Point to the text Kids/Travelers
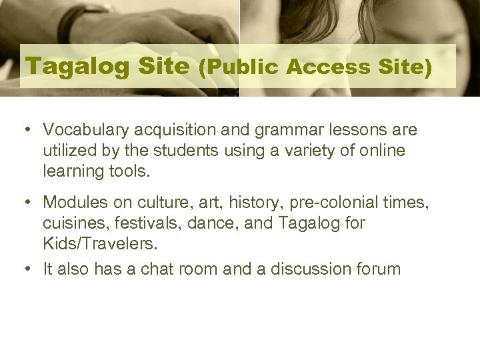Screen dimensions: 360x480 pos(101,243)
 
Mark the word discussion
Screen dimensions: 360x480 pos(295,269)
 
